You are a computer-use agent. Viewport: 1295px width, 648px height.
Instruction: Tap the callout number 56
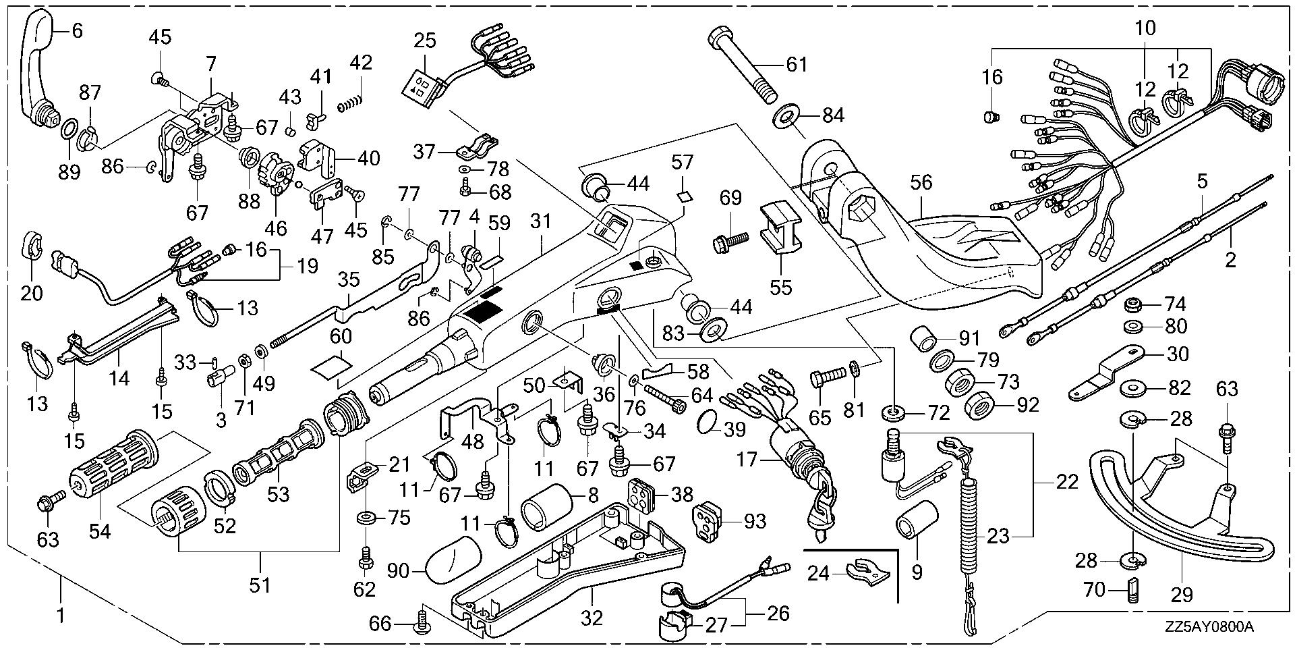pyautogui.click(x=921, y=182)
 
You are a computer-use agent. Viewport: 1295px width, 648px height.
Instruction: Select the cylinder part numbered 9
pyautogui.click(x=917, y=528)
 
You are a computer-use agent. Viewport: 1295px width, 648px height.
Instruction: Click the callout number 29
pyautogui.click(x=1182, y=595)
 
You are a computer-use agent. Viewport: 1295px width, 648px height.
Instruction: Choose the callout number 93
pyautogui.click(x=755, y=520)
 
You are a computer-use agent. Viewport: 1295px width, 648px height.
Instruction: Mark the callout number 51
pyautogui.click(x=260, y=585)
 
